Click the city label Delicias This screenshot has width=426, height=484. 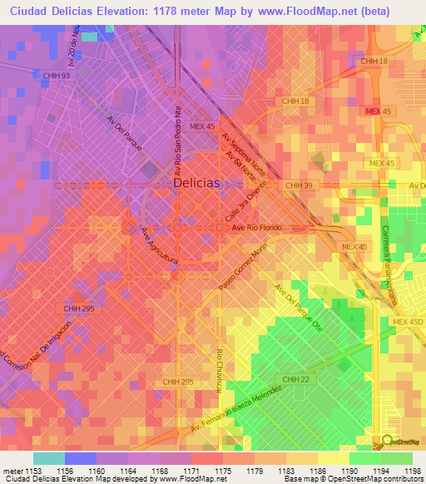click(197, 183)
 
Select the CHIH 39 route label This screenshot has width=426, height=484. click(297, 185)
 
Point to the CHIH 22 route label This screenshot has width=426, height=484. click(295, 379)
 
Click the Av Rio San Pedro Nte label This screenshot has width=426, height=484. click(177, 138)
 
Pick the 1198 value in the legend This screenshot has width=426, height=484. click(414, 472)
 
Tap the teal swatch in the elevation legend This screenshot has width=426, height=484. click(48, 458)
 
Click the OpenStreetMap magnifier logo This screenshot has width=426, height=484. click(387, 441)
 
